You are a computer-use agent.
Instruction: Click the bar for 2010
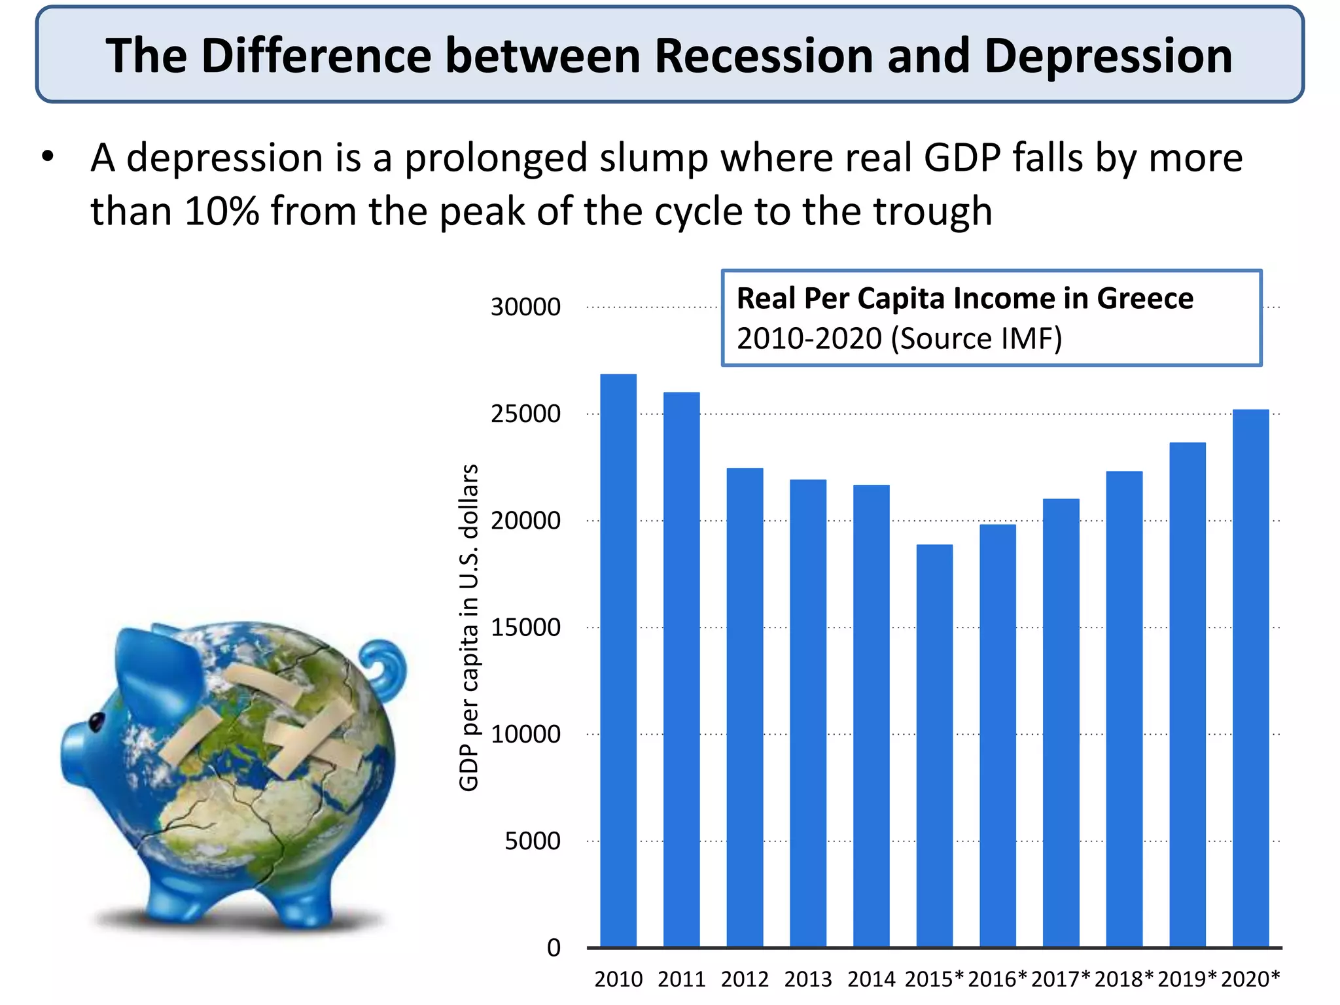618,661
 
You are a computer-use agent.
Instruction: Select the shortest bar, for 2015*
934,746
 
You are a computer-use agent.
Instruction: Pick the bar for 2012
745,707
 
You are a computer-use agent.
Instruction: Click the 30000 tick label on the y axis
525,307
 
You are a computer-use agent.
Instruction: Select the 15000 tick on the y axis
525,627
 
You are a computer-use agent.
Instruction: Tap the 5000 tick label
532,841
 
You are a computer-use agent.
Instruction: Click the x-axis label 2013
808,979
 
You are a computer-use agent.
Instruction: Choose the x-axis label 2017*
1061,979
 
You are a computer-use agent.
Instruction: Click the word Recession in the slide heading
764,56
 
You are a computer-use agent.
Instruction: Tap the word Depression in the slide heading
1108,56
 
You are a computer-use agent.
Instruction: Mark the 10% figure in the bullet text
222,211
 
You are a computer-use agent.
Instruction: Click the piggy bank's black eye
96,722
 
